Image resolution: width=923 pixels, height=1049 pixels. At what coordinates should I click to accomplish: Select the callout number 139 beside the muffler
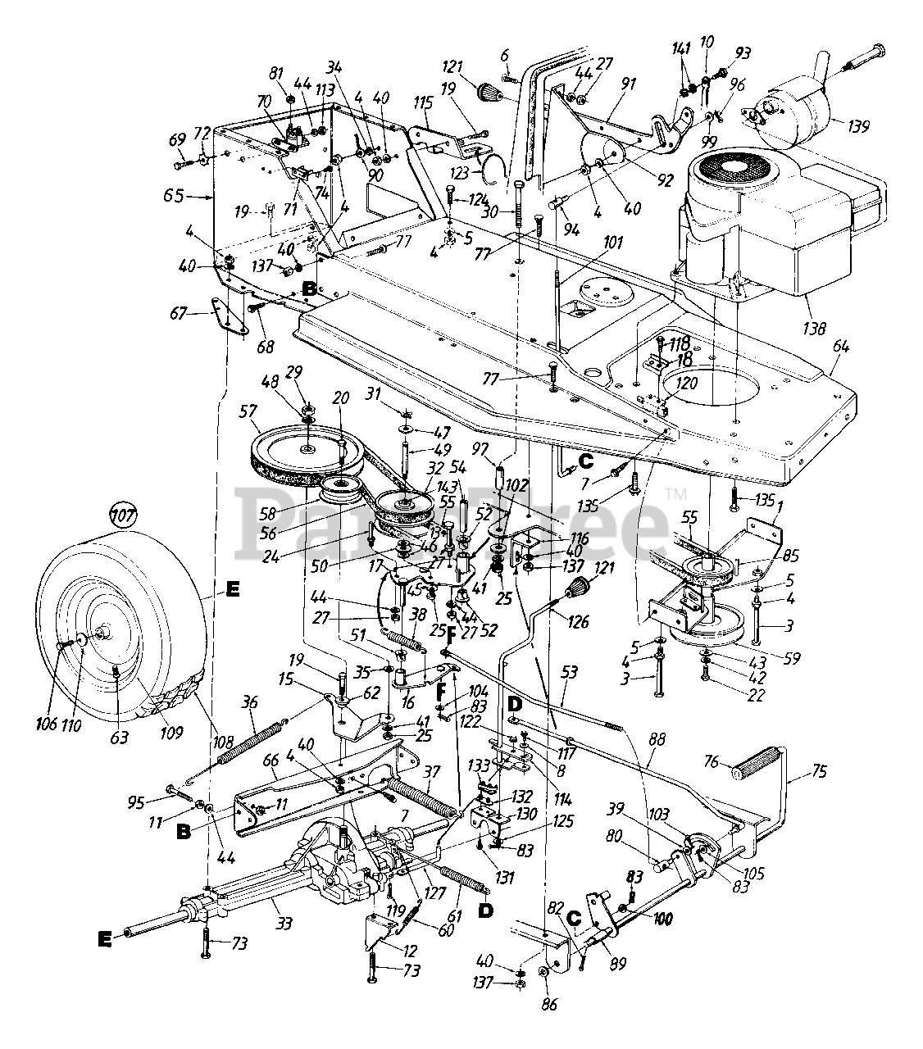click(x=853, y=126)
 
